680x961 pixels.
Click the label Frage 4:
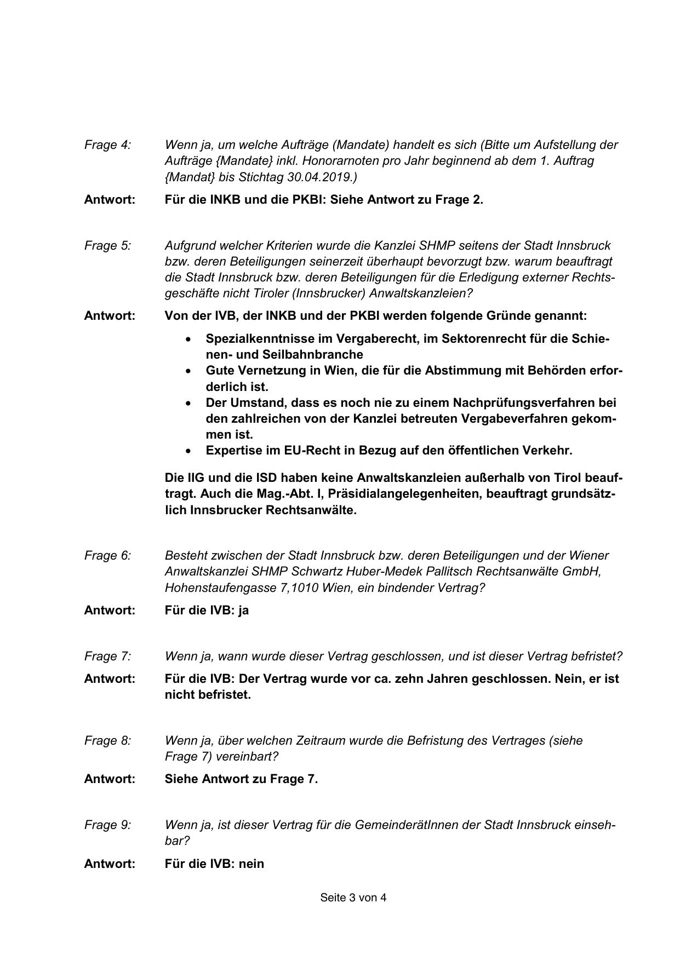(107, 145)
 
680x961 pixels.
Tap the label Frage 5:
(107, 246)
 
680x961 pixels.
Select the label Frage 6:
(107, 556)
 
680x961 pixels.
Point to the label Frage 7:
(107, 657)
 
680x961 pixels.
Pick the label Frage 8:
(107, 741)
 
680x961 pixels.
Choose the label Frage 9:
(107, 825)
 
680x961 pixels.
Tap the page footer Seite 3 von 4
(353, 898)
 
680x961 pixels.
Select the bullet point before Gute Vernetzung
(189, 371)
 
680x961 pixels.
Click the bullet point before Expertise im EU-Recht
(189, 451)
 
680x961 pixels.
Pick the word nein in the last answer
(252, 864)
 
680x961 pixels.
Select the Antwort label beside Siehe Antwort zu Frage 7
(110, 779)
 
